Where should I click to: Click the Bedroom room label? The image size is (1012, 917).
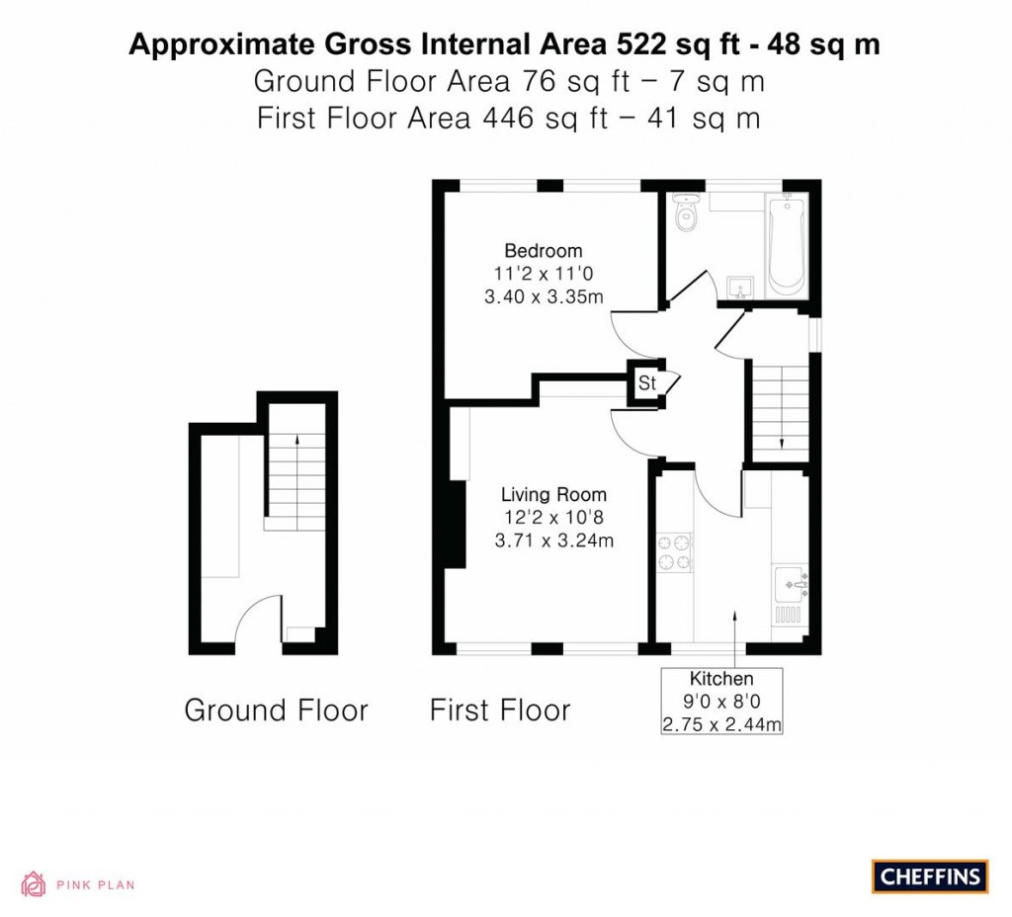pos(543,250)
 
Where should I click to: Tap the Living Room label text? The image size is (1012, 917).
pos(553,495)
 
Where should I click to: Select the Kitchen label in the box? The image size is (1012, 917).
pos(721,679)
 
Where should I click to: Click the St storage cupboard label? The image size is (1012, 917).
pos(646,383)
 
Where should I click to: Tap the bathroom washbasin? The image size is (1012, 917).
pos(738,287)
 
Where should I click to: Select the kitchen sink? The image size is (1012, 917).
pos(791,584)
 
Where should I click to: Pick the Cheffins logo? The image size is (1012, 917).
pos(930,876)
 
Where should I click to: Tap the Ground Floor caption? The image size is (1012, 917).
pos(276,709)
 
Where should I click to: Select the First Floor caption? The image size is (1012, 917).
pos(500,709)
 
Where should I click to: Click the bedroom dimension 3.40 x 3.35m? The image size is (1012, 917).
pos(543,296)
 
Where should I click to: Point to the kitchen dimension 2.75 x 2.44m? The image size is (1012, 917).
pos(721,724)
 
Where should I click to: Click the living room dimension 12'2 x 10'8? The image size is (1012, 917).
pos(553,518)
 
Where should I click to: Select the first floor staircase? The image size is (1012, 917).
pos(781,405)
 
